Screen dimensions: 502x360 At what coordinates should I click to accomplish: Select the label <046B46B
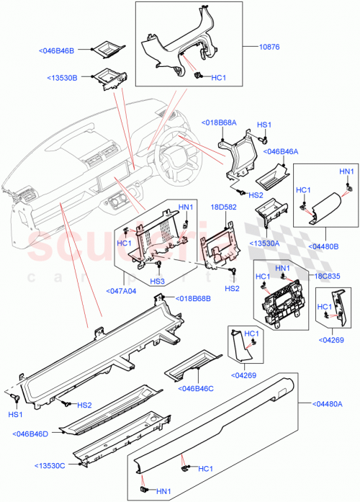click(66, 50)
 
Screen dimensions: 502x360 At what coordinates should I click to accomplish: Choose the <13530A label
click(264, 243)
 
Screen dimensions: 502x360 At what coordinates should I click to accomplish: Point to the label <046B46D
click(31, 434)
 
